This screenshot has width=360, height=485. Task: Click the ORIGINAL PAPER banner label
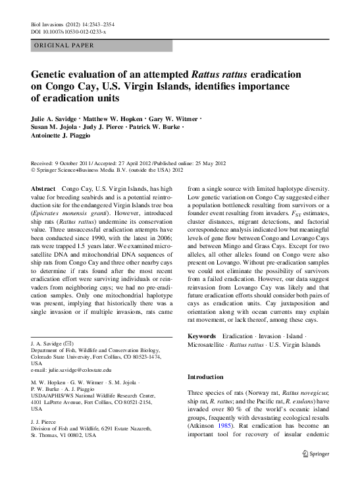(x=63, y=45)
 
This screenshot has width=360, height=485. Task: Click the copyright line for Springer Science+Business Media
(x=105, y=170)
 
